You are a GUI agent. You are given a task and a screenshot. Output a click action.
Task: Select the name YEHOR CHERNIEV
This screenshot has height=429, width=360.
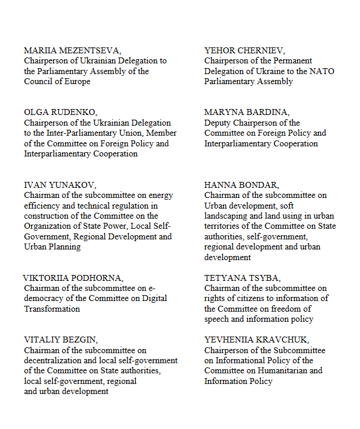tap(244, 50)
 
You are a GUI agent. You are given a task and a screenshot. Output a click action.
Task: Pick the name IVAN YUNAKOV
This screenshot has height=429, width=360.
tap(56, 185)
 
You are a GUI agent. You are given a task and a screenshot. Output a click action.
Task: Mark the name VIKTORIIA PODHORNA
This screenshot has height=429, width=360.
tap(73, 278)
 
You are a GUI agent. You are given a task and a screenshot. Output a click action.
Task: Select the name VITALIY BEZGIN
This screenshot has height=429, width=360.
tap(61, 340)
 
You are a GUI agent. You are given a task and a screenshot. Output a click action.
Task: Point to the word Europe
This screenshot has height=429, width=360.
tap(78, 81)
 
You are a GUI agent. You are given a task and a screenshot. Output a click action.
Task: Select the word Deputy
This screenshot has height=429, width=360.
tap(218, 123)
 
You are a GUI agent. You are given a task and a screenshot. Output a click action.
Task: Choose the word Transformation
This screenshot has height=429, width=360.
tap(52, 309)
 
